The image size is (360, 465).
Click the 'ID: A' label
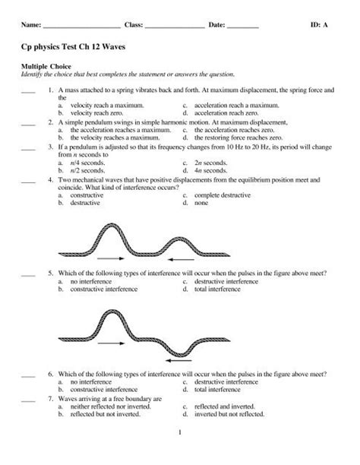click(320, 25)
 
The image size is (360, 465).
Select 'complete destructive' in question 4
click(224, 196)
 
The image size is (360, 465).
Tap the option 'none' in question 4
click(201, 204)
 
